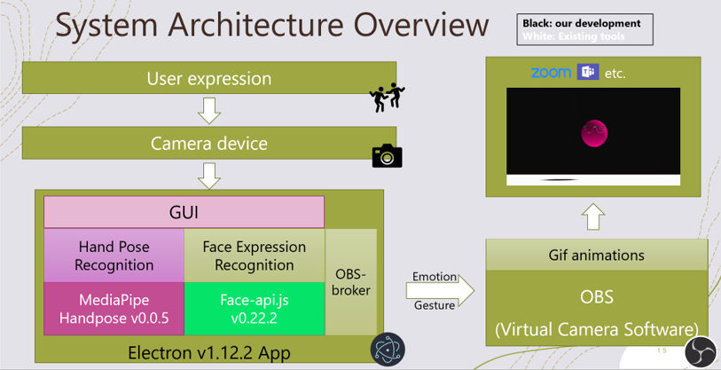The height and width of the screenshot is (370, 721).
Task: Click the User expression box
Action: point(209,78)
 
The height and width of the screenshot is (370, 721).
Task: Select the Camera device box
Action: point(209,143)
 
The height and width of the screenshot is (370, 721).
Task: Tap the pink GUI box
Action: point(184,213)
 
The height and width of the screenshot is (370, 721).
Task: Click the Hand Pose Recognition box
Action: point(114,256)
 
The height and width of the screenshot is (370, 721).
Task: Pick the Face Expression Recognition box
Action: point(254,256)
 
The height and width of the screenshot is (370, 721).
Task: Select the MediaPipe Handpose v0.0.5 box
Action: point(114,309)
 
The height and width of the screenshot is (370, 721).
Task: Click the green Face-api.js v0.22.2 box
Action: point(254,309)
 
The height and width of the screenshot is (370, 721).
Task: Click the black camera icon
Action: point(387,156)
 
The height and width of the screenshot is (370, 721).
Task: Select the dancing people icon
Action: point(387,97)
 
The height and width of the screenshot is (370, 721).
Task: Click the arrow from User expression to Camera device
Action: point(209,110)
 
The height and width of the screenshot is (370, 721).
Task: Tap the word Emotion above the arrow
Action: point(434,277)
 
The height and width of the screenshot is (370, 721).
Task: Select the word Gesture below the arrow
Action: point(434,305)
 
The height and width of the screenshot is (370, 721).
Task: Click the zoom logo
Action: point(550,73)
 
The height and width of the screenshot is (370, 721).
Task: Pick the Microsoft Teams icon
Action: point(585,72)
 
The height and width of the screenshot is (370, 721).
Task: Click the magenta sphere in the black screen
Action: point(593,133)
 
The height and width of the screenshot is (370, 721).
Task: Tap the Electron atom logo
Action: point(384,348)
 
